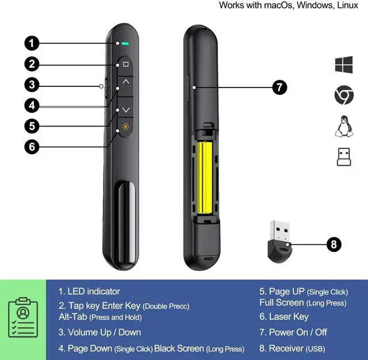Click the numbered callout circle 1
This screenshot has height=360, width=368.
pyautogui.click(x=32, y=43)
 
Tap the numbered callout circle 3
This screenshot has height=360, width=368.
pyautogui.click(x=32, y=85)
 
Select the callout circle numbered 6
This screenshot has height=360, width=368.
pyautogui.click(x=32, y=146)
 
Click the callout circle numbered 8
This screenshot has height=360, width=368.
pyautogui.click(x=333, y=244)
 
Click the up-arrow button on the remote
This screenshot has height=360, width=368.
pyautogui.click(x=126, y=82)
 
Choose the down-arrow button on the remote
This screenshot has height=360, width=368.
pyautogui.click(x=126, y=109)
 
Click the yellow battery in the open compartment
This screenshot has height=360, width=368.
pyautogui.click(x=205, y=178)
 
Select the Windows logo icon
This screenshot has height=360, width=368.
pyautogui.click(x=344, y=64)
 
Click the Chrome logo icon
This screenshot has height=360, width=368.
pyautogui.click(x=344, y=95)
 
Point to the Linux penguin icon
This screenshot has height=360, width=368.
pyautogui.click(x=344, y=126)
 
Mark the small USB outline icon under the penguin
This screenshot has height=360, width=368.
pyautogui.click(x=344, y=157)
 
